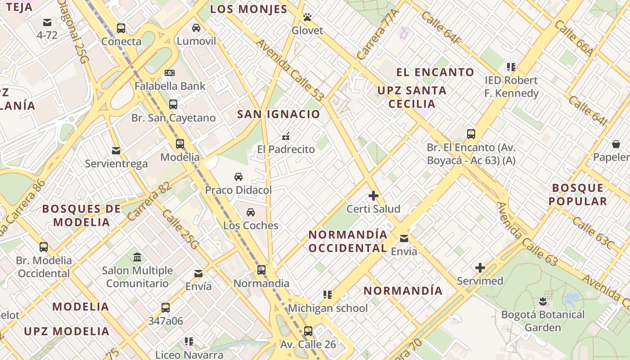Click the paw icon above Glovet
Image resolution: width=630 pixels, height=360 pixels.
307,18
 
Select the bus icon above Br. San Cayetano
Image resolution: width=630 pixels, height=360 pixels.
173,104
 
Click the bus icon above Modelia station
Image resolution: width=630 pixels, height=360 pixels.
180,144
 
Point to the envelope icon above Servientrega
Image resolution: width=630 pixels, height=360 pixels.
116,150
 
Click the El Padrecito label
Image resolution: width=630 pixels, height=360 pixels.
286,149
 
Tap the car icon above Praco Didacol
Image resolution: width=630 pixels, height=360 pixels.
238,177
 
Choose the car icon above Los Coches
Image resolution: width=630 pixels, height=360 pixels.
251,212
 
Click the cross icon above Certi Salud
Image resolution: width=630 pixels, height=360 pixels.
373,196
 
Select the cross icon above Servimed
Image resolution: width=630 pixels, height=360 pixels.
480,268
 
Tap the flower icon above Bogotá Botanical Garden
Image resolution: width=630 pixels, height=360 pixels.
543,301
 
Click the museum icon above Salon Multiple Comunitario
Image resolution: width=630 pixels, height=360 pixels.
137,257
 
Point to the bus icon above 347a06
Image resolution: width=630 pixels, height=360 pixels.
166,308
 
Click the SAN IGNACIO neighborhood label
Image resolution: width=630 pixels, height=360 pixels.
279,114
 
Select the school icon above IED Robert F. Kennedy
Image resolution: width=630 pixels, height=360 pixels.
511,67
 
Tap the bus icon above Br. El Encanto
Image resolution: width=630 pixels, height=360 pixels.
471,134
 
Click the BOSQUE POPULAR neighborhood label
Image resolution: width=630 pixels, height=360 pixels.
578,194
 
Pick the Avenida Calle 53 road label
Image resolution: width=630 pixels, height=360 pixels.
290,70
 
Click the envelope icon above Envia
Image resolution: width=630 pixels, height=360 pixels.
404,238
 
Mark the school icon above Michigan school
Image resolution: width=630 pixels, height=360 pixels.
328,295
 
